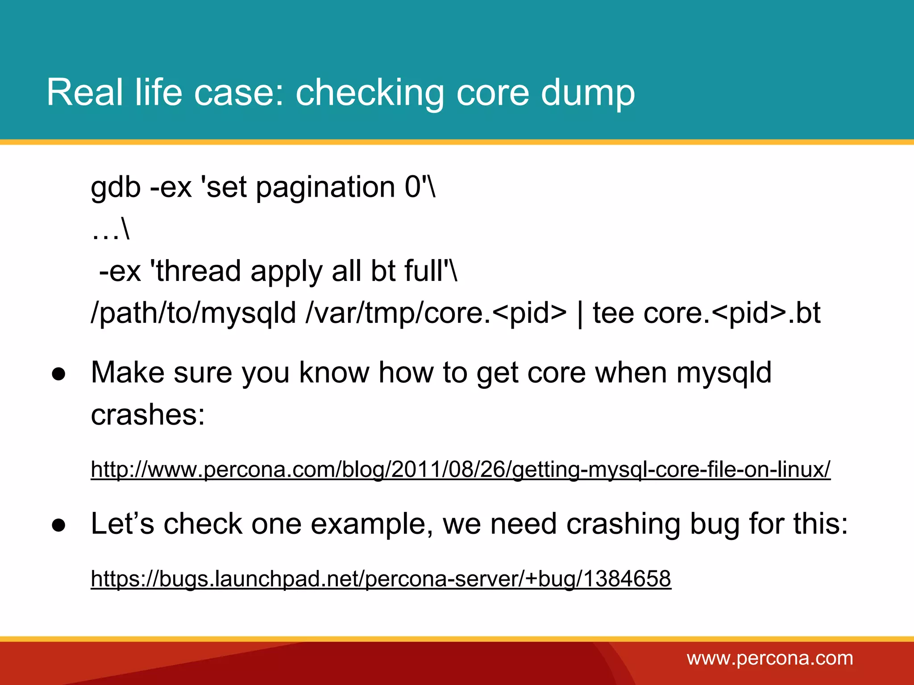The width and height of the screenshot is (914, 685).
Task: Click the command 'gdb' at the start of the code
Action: point(116,187)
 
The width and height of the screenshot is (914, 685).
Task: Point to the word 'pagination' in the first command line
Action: point(325,187)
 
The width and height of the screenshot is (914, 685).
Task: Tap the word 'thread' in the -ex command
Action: point(198,271)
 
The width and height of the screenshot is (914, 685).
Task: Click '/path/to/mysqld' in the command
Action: point(193,313)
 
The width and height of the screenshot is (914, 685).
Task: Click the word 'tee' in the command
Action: point(613,313)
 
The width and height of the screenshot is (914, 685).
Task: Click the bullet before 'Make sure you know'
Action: point(58,373)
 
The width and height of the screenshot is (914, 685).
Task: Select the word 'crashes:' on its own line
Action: point(148,415)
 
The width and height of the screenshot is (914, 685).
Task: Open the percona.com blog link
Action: point(460,469)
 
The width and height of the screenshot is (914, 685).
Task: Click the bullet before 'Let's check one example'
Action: point(58,524)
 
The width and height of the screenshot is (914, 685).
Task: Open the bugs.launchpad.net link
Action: point(380,579)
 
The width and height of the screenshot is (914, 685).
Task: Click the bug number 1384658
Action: point(627,579)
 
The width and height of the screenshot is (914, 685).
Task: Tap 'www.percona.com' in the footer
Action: point(770,658)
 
